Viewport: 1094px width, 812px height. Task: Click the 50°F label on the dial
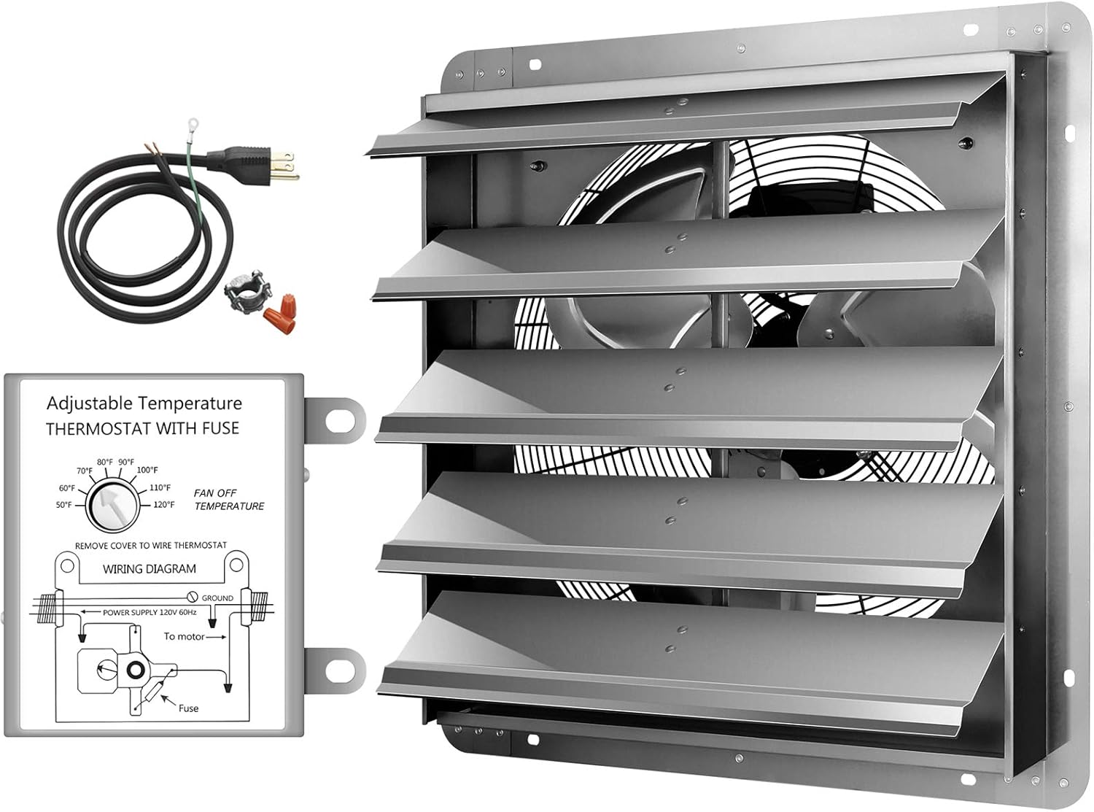pos(64,505)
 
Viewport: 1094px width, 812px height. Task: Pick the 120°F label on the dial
pos(163,504)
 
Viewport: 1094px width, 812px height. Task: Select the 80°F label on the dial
pos(105,462)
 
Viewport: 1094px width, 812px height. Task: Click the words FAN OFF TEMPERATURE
pos(228,500)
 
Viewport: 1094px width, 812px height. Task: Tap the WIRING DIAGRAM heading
pos(149,568)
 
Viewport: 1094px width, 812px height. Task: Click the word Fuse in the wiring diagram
pos(188,708)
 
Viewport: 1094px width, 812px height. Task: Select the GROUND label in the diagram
pos(217,598)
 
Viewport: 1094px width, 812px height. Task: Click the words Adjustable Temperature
pos(144,403)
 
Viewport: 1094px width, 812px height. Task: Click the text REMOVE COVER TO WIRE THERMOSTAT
pos(150,545)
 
